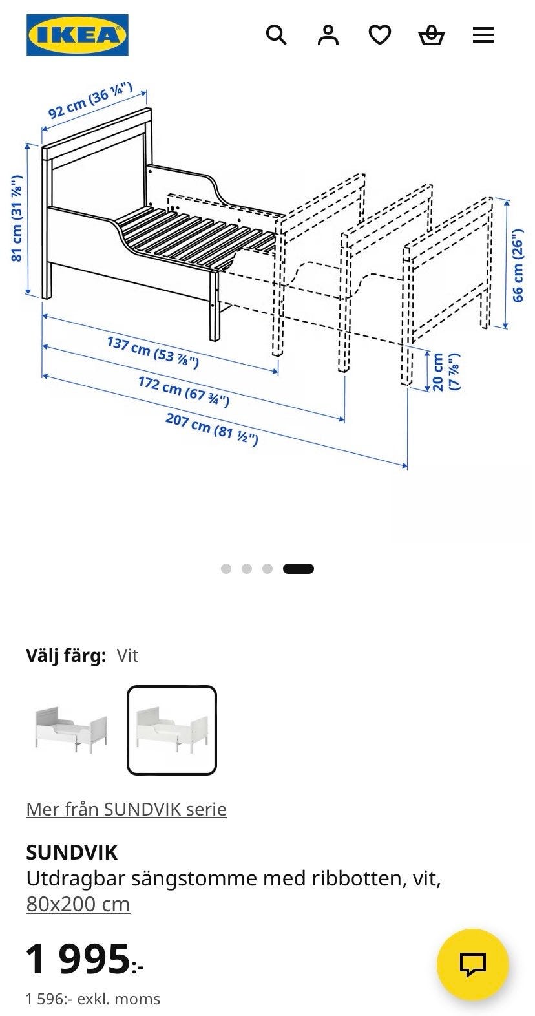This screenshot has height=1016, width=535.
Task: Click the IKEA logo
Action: point(77,35)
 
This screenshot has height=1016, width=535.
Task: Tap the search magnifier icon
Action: point(276,35)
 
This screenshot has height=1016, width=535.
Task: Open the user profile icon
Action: point(328,35)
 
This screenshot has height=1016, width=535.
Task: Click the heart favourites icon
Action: point(379,36)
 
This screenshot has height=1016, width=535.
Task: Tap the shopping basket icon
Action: point(431,36)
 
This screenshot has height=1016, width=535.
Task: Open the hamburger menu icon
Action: point(483,35)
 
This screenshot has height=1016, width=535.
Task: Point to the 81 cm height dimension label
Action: point(17,218)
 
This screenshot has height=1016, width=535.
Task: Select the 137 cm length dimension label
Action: point(152,352)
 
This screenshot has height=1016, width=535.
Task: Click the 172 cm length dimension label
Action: point(184,391)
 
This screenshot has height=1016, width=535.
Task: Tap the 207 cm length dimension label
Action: point(212,429)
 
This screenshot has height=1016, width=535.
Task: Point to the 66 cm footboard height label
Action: point(518,266)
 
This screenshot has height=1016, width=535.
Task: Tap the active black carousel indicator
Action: point(299,569)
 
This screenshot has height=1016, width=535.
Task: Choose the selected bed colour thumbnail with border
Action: point(172,730)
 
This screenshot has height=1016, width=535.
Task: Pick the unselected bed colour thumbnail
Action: point(71,730)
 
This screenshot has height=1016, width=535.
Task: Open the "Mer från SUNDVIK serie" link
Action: point(126,809)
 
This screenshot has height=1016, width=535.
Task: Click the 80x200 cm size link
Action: point(78,904)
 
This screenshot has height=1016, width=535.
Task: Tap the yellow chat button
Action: point(472,965)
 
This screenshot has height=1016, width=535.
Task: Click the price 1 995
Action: point(85,959)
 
